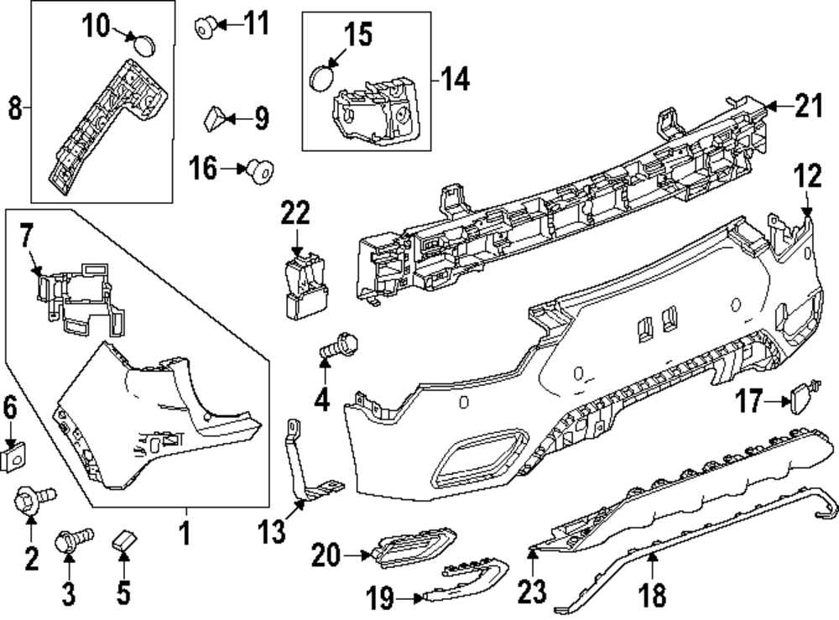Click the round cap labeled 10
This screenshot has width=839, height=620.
click(147, 42)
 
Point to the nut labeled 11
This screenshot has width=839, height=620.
click(204, 29)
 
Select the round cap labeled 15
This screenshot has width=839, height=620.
click(321, 79)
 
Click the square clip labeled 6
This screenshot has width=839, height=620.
click(12, 457)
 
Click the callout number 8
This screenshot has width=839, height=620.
click(14, 109)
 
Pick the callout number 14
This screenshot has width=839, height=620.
click(456, 81)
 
